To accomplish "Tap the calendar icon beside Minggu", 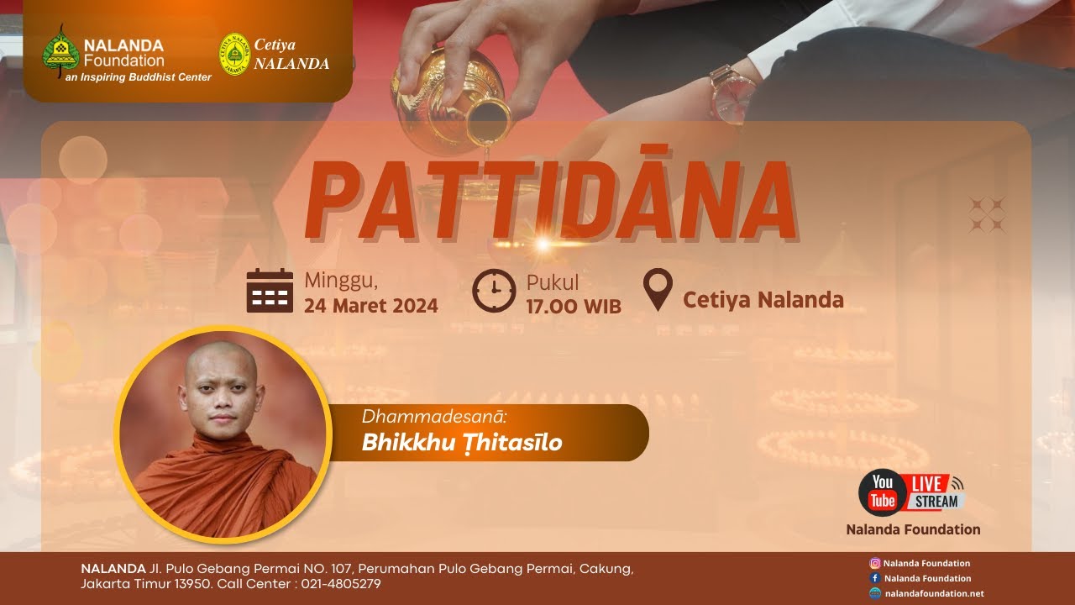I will click(270, 292).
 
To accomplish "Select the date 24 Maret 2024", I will click(371, 306).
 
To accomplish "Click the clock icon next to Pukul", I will click(494, 291).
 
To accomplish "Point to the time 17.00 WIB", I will click(574, 307).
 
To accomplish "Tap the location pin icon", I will click(658, 289).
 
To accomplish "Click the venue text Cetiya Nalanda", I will click(763, 300).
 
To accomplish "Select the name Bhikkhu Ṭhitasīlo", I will click(461, 443).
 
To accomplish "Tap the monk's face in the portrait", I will click(223, 395).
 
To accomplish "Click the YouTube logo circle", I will click(882, 492).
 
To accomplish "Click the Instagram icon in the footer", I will click(875, 564).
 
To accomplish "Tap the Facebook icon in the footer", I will click(875, 578).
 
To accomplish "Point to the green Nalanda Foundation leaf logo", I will click(60, 51).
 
